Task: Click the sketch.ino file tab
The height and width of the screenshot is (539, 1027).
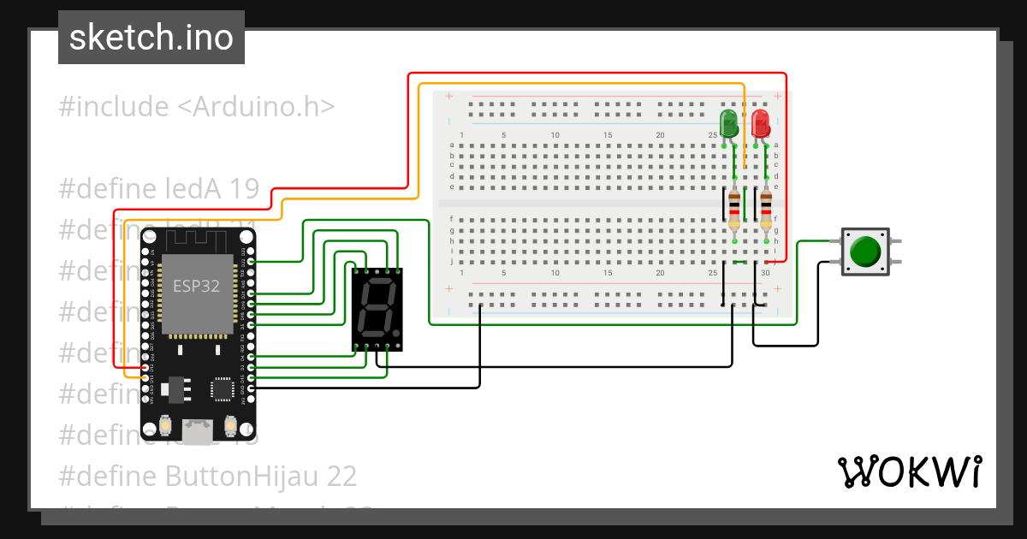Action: (151, 38)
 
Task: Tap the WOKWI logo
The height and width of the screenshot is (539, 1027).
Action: (908, 471)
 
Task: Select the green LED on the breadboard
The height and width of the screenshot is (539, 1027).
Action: (729, 123)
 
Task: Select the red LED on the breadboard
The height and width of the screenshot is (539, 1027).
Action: (760, 123)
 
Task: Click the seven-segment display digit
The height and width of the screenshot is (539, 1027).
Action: (377, 309)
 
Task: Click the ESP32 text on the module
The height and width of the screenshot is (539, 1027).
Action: (196, 287)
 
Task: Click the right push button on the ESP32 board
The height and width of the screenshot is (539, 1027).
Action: (230, 424)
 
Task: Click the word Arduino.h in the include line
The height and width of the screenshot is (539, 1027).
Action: (256, 107)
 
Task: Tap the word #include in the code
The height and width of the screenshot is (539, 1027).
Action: (114, 107)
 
